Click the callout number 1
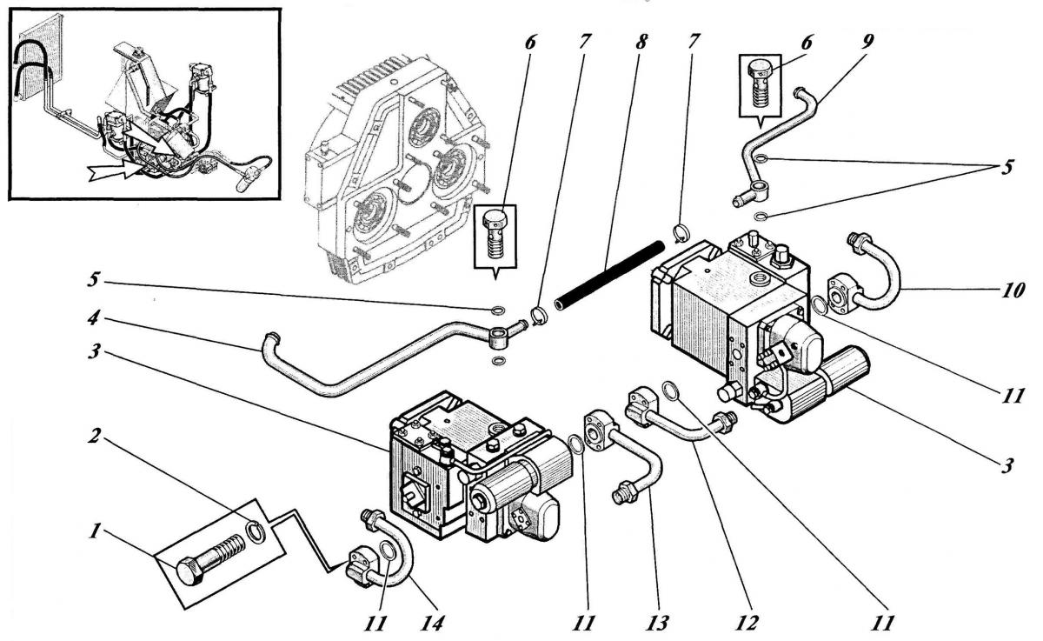(95, 531)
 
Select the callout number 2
(95, 437)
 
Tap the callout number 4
(94, 318)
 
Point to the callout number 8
(641, 42)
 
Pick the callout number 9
(867, 43)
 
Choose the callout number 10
(1012, 290)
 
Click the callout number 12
(747, 623)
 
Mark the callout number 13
(656, 623)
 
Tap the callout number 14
(433, 623)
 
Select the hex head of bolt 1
(189, 571)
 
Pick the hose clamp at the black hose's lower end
(539, 316)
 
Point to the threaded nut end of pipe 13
(623, 494)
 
